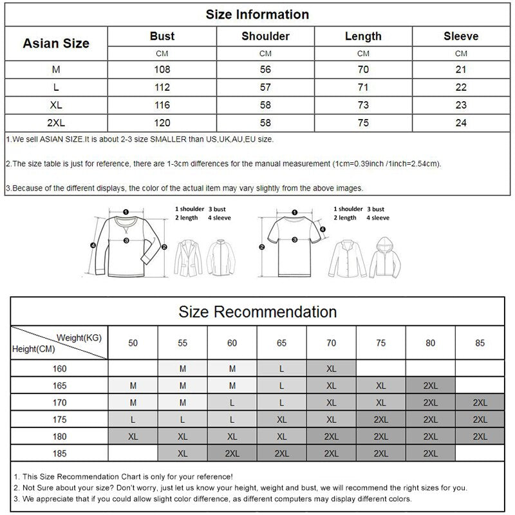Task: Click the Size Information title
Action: [x=257, y=14]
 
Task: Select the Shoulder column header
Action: [x=265, y=37]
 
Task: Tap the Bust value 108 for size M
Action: [x=162, y=69]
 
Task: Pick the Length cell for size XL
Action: [x=363, y=104]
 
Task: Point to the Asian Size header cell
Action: [x=56, y=44]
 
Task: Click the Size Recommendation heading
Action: [x=257, y=312]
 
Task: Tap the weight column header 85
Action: [x=480, y=343]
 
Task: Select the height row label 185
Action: [x=59, y=453]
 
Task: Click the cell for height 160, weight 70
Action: [x=331, y=369]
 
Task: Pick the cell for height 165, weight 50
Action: [x=133, y=386]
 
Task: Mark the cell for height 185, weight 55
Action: [x=182, y=453]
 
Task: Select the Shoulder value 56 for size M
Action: [x=265, y=69]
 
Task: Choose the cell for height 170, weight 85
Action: [x=480, y=402]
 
